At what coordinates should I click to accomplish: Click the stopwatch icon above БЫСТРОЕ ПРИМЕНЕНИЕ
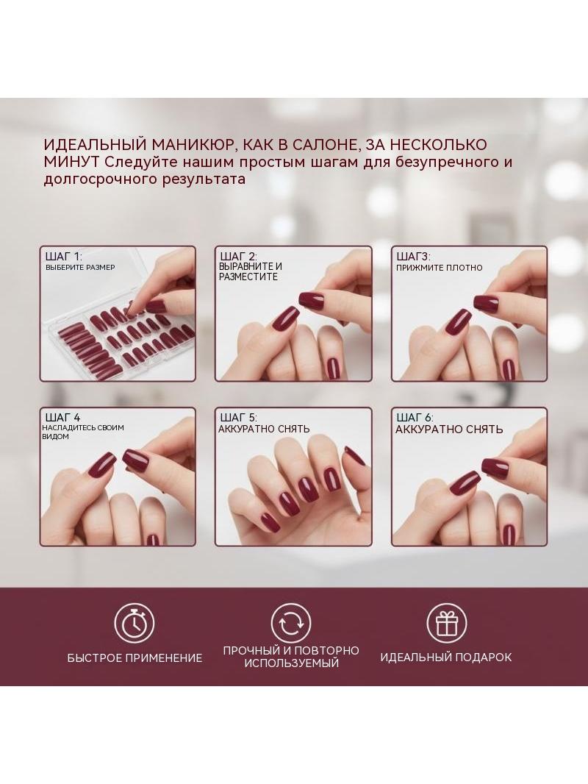click(135, 623)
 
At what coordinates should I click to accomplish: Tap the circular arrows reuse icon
click(291, 623)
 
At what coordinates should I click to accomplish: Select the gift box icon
click(447, 623)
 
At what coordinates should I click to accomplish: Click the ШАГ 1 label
click(63, 257)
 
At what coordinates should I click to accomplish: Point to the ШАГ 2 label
click(238, 257)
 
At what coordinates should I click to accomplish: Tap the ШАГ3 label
click(413, 257)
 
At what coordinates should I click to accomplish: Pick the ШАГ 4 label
click(62, 418)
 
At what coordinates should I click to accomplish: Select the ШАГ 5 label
click(238, 418)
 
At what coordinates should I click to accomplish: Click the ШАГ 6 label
click(415, 418)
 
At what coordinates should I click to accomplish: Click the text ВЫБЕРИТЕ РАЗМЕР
click(80, 268)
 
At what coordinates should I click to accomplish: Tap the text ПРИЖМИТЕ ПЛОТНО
click(439, 268)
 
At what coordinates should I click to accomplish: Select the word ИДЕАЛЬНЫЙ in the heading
click(95, 145)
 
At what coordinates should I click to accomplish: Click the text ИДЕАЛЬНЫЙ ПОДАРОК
click(446, 657)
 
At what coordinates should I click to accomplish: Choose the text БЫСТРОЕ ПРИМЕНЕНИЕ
click(135, 658)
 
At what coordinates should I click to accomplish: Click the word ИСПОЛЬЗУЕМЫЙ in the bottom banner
click(292, 663)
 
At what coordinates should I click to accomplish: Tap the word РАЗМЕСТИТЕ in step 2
click(248, 277)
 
